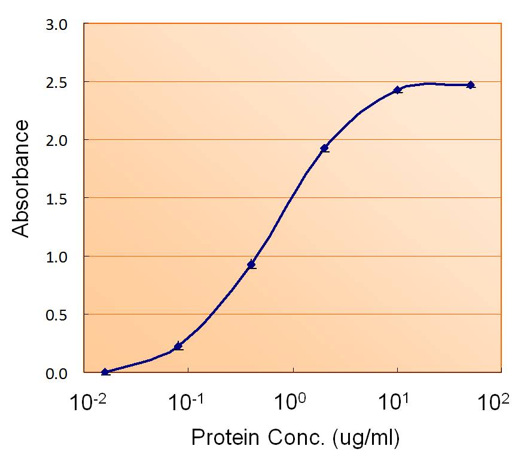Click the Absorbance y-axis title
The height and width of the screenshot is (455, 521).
pyautogui.click(x=22, y=178)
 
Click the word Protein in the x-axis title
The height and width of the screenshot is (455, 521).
pyautogui.click(x=223, y=438)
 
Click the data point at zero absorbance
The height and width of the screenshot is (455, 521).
pyautogui.click(x=105, y=372)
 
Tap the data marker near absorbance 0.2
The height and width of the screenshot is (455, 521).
pyautogui.click(x=178, y=346)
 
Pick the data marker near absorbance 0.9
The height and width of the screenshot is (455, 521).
pyautogui.click(x=252, y=264)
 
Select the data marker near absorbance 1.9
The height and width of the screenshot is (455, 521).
pyautogui.click(x=325, y=148)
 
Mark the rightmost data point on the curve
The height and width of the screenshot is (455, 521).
pyautogui.click(x=471, y=85)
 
